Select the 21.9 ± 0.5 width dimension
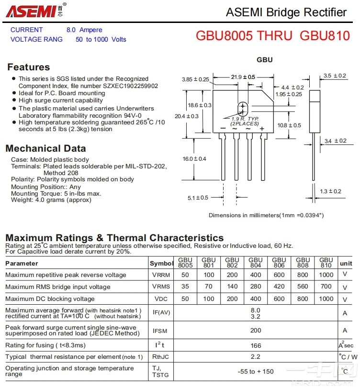243,77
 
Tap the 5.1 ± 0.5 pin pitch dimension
198,198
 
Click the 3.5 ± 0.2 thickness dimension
334,76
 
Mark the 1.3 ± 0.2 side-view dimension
330,191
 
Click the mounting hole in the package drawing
243,108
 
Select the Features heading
28,67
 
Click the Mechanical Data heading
45,148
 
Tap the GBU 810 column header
326,263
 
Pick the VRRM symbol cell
161,275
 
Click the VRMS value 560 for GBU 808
303,287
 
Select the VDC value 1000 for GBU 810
326,299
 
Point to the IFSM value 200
256,330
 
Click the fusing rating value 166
256,345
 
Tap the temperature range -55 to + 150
256,372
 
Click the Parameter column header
22,263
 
